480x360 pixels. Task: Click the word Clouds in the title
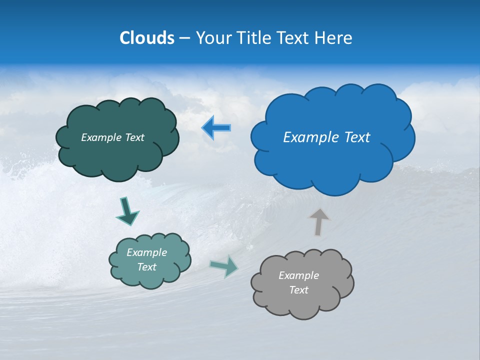click(x=147, y=38)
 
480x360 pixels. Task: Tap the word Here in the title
click(x=334, y=38)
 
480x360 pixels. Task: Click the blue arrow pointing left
click(x=216, y=128)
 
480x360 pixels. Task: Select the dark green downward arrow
click(x=126, y=211)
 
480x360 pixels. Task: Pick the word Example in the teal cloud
click(x=146, y=252)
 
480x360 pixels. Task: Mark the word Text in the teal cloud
click(x=146, y=267)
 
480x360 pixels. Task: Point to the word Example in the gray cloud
click(x=298, y=275)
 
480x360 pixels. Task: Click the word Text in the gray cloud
click(x=298, y=290)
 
